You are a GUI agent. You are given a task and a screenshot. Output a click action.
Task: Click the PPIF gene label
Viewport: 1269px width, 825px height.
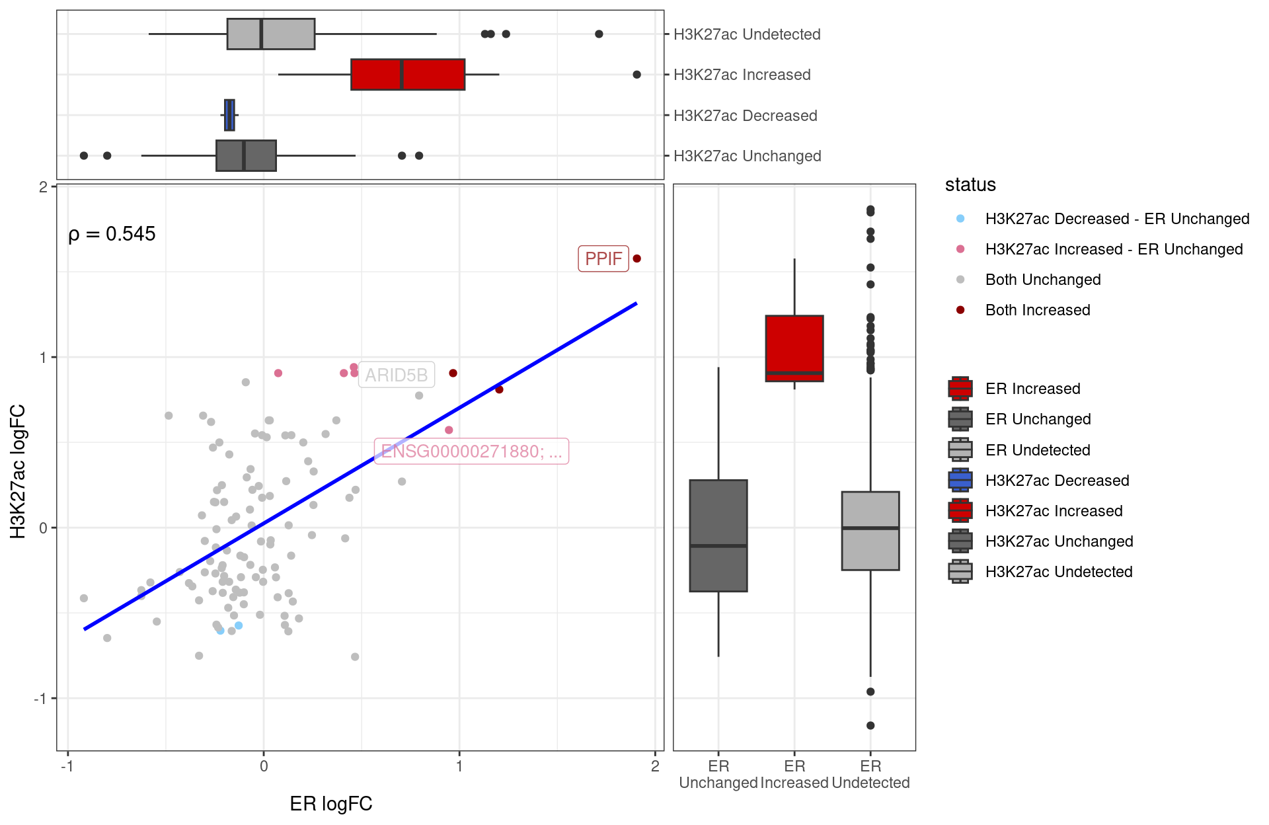pyautogui.click(x=603, y=258)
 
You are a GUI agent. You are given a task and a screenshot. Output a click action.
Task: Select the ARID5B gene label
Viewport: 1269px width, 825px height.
pyautogui.click(x=397, y=375)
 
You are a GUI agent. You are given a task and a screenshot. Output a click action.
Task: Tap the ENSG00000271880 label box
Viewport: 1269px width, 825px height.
pyautogui.click(x=471, y=452)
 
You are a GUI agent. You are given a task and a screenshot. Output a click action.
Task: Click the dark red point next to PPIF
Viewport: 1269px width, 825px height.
pyautogui.click(x=637, y=258)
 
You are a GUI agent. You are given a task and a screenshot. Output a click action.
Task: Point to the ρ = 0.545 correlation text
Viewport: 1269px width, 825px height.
pyautogui.click(x=112, y=234)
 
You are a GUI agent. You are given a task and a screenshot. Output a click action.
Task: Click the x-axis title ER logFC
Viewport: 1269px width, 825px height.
pyautogui.click(x=331, y=804)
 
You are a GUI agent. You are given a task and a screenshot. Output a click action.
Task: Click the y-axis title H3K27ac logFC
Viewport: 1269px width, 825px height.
pyautogui.click(x=18, y=471)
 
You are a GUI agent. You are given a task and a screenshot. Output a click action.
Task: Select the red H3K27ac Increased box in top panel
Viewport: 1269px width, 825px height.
pyautogui.click(x=408, y=74)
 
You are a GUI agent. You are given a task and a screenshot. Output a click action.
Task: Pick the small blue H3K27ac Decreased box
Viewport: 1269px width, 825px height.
pyautogui.click(x=229, y=115)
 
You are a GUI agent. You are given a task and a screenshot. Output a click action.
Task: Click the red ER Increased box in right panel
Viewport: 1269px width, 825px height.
pyautogui.click(x=794, y=348)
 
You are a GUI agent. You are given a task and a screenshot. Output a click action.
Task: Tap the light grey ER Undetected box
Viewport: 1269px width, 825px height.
pyautogui.click(x=870, y=531)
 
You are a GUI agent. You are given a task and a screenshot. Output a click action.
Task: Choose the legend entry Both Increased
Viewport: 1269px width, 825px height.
pyautogui.click(x=1038, y=310)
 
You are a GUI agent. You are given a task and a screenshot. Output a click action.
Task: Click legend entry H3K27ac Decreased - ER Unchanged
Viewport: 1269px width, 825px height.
pyautogui.click(x=1117, y=219)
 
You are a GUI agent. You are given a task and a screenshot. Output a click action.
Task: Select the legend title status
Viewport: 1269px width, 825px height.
pyautogui.click(x=970, y=185)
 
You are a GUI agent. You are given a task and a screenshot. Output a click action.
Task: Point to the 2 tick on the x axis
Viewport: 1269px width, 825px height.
pyautogui.click(x=655, y=766)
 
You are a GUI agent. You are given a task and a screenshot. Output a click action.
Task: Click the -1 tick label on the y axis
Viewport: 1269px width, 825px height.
pyautogui.click(x=41, y=699)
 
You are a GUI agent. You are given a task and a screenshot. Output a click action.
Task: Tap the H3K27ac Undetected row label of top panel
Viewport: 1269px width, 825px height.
pyautogui.click(x=747, y=34)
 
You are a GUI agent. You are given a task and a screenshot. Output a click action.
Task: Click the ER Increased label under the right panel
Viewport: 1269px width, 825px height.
pyautogui.click(x=794, y=774)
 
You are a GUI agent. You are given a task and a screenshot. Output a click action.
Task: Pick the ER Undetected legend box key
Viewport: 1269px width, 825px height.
pyautogui.click(x=960, y=450)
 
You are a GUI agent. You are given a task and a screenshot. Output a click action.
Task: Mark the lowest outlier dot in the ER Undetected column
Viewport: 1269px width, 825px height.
pyautogui.click(x=870, y=725)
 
